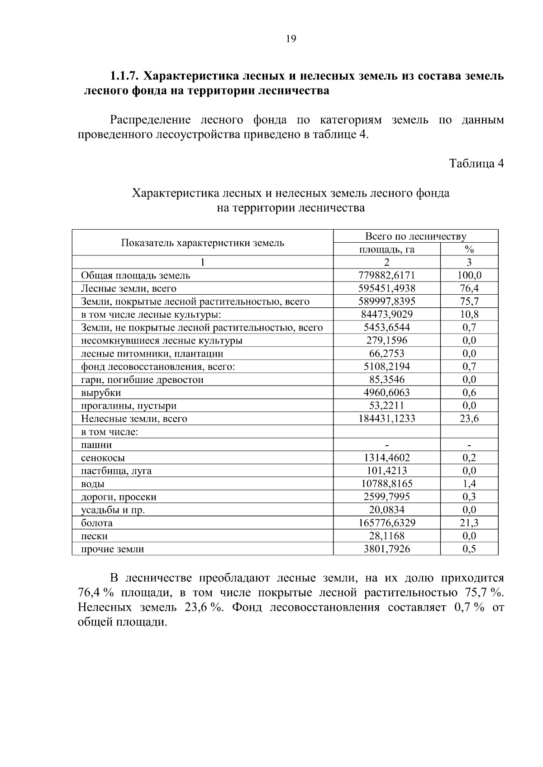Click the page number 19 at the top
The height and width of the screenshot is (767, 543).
point(291,39)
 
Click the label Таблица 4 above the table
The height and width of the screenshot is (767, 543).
point(476,163)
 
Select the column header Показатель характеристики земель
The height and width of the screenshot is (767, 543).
point(202,243)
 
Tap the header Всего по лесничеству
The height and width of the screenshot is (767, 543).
point(415,236)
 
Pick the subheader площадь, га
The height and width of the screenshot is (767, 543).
point(386,249)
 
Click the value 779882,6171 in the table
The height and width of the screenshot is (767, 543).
point(386,275)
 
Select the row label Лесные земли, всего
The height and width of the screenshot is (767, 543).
point(129,288)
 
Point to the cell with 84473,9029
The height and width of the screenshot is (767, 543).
point(386,314)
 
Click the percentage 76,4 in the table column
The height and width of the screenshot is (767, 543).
point(469,288)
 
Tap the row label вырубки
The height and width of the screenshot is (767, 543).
point(101,393)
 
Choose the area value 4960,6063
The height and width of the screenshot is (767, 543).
point(386,392)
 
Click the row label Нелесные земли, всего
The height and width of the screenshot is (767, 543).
point(134,419)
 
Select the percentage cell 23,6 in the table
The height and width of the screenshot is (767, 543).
point(469,419)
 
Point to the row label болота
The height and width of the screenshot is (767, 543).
point(97,523)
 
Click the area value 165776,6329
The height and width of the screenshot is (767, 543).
point(386,523)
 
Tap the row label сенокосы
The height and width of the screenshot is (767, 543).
point(103,458)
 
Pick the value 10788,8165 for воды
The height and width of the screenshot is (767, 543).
point(386,484)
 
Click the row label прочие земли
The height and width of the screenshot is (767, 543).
point(112,550)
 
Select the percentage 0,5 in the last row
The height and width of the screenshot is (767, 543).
point(469,549)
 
